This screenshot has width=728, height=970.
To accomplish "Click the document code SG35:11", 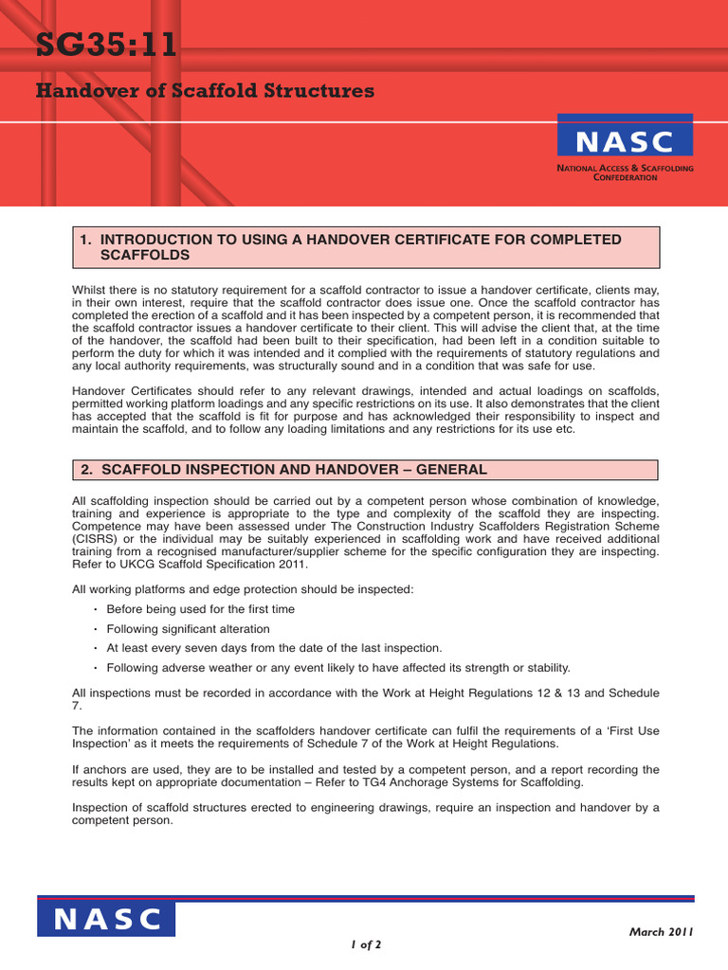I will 106,45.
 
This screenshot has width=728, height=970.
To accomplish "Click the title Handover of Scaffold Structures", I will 205,91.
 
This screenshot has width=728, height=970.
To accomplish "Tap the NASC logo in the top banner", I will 625,141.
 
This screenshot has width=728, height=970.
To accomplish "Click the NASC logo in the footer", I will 106,918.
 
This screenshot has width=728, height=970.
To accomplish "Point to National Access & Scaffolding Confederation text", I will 625,172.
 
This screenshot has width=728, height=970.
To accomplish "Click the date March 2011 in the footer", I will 662,931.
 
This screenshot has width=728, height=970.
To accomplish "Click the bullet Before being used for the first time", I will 200,609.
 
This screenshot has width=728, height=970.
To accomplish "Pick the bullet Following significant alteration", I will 188,629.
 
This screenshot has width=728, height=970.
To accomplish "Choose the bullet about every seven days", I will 274,648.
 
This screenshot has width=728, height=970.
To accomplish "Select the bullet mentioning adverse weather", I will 337,667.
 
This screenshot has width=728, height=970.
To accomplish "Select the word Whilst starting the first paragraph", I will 92,289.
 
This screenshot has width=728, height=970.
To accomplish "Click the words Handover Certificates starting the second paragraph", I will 136,390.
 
